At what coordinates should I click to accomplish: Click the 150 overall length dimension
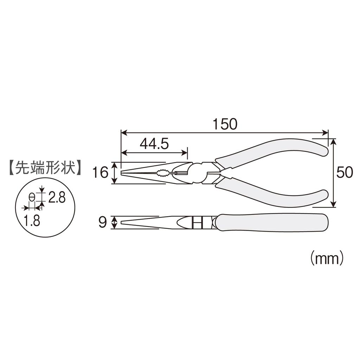(x=225, y=124)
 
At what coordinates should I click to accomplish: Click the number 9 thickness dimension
(x=103, y=223)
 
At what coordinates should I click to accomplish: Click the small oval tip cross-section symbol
(x=32, y=197)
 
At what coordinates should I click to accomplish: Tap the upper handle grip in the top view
(x=274, y=153)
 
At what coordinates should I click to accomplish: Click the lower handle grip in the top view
(x=274, y=193)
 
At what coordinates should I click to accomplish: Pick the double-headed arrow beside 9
(x=114, y=223)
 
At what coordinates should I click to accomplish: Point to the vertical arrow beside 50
(x=334, y=173)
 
